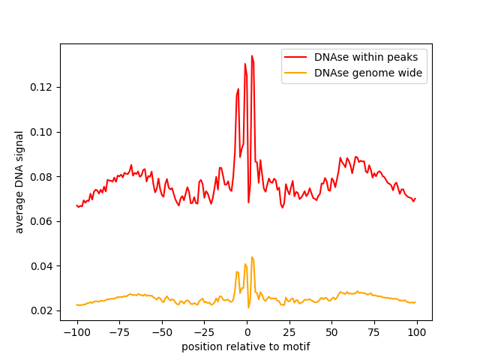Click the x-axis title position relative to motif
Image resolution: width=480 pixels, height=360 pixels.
pyautogui.click(x=246, y=346)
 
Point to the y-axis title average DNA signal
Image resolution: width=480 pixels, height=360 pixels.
pyautogui.click(x=19, y=182)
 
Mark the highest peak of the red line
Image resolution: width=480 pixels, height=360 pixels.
pyautogui.click(x=252, y=56)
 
